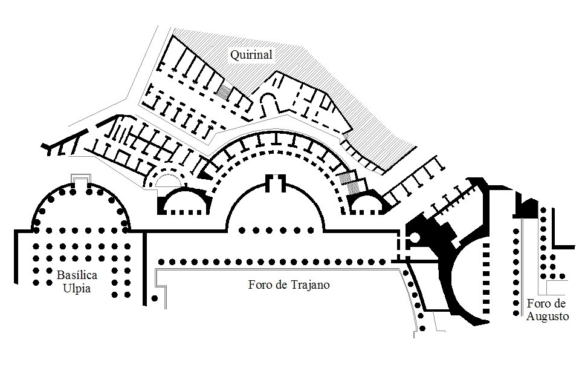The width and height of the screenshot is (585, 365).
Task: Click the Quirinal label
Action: tap(251, 54)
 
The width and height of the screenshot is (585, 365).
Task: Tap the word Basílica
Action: tap(77, 275)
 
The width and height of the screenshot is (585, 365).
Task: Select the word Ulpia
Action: tap(77, 289)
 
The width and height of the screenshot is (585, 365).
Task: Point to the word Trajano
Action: tap(311, 285)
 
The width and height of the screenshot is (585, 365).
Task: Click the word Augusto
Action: tap(548, 317)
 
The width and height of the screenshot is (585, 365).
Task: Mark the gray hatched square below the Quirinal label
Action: tap(224, 92)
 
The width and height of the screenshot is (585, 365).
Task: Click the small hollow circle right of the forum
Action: tap(415, 237)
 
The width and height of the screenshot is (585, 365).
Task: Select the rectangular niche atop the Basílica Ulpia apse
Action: tap(81, 180)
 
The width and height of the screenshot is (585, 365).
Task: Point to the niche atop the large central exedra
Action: tap(276, 183)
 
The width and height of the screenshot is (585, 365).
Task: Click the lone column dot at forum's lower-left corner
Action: tap(155, 298)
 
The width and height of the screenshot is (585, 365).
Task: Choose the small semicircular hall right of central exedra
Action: tap(366, 203)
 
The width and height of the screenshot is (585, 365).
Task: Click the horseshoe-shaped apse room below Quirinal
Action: tap(269, 104)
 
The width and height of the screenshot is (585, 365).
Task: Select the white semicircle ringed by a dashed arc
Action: tap(169, 180)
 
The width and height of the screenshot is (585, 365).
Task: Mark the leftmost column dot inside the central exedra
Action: tap(242, 231)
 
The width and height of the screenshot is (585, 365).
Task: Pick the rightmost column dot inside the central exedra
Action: tap(311, 231)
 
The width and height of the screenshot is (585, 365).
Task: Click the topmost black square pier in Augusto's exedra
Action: tap(486, 246)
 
